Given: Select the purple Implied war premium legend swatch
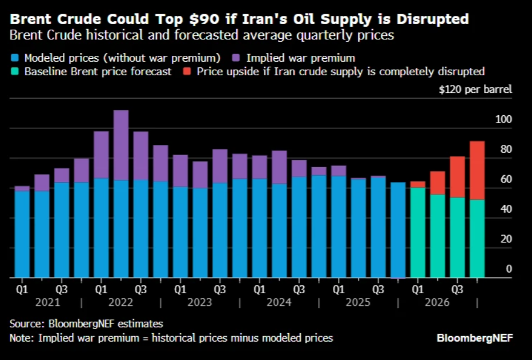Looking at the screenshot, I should [x=236, y=58].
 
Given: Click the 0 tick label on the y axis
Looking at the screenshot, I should [x=508, y=269].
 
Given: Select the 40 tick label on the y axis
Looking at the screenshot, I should [x=506, y=209].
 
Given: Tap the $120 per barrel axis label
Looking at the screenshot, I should [x=475, y=90].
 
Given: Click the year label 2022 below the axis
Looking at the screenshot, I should [x=121, y=302].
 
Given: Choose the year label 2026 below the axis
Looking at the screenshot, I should [x=437, y=302].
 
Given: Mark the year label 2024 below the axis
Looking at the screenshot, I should [x=279, y=302].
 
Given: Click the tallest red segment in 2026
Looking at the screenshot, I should [x=477, y=170].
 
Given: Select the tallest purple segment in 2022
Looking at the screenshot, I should [x=121, y=145].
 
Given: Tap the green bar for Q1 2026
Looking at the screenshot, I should [x=417, y=232].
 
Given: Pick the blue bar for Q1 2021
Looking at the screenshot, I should [x=22, y=234].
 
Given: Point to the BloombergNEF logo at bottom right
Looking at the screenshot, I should [x=475, y=338].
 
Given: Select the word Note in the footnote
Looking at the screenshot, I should [x=21, y=338].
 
